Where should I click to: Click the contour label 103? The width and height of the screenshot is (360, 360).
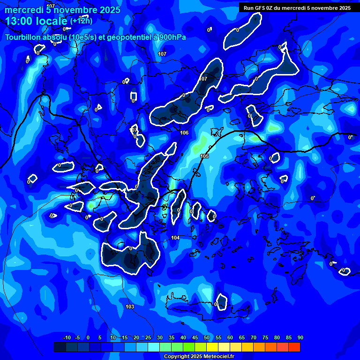point(130,307)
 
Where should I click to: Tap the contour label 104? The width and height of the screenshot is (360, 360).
point(175,238)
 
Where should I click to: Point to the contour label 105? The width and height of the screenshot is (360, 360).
point(204,156)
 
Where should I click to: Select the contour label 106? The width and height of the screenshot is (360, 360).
point(184,133)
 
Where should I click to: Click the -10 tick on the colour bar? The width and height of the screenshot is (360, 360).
point(67,337)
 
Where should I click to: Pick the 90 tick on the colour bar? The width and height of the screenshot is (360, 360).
point(300,337)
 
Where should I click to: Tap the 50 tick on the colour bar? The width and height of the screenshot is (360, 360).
point(206,337)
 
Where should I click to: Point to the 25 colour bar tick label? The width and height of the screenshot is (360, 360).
point(148,337)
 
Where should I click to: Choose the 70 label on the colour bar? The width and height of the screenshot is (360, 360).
point(253,337)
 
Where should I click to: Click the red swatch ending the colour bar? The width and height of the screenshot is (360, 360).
point(294,347)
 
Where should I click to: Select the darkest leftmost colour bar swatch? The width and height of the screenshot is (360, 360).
point(60,347)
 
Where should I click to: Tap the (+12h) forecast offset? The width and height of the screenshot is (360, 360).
point(81,21)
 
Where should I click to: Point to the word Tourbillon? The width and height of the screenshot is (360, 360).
point(22,37)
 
